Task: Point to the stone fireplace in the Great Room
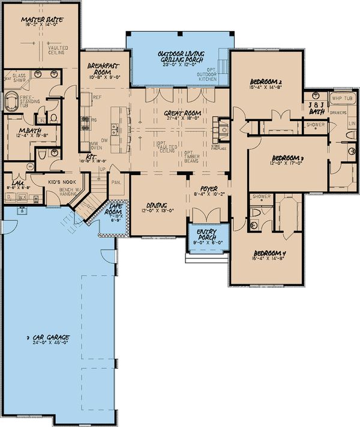click(x=224, y=129)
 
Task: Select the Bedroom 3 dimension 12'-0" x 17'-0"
click(x=286, y=162)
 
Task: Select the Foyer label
click(x=210, y=188)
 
